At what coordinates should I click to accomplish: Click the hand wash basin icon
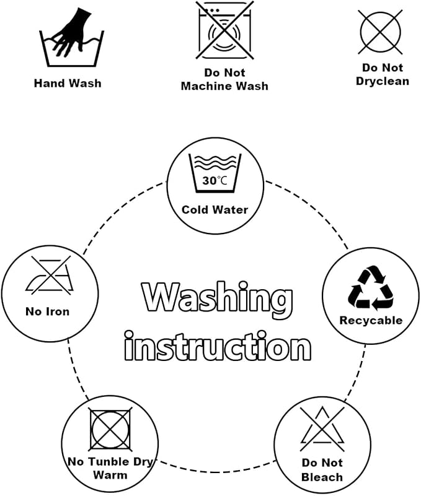(71, 38)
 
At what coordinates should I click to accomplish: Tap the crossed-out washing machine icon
(224, 30)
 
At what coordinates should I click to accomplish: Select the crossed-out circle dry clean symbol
(380, 32)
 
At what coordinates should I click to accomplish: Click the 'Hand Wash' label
(68, 83)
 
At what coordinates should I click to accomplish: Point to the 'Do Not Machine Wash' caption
(224, 79)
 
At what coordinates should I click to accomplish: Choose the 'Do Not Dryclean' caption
(383, 74)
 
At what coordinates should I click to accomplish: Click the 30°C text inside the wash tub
(215, 181)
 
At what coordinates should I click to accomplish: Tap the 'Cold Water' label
(215, 210)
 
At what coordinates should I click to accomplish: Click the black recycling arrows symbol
(371, 288)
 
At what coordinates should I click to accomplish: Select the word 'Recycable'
(371, 320)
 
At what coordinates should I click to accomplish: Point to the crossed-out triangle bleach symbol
(322, 429)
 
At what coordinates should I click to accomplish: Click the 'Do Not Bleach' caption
(322, 470)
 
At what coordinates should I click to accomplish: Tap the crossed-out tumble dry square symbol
(110, 430)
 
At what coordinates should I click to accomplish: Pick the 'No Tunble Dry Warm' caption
(110, 468)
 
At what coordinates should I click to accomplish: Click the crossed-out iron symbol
(50, 275)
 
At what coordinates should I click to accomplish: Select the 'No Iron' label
(48, 311)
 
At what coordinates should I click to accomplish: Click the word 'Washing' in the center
(217, 300)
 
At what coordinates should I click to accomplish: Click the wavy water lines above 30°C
(215, 163)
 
